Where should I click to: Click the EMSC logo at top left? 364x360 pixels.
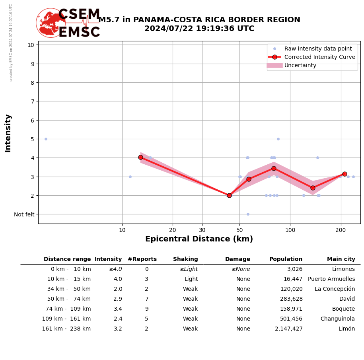coord(68,23)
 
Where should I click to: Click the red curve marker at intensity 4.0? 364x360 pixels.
coord(140,157)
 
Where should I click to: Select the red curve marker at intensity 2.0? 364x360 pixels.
coord(229,195)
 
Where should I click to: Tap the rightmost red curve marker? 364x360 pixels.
coord(345,174)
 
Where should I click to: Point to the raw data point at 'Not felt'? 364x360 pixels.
coord(248,214)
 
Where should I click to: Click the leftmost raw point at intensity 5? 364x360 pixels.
coord(46,139)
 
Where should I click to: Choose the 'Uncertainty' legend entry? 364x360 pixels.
coord(300,65)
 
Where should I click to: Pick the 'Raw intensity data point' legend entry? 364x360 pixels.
coord(318,49)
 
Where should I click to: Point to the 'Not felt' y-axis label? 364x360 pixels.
coord(24,214)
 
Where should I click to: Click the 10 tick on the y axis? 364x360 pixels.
coord(31,45)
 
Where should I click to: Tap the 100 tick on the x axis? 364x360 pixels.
coord(290,230)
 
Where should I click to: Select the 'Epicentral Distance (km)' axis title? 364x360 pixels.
coord(199,239)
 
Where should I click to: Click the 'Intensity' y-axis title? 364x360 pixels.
coord(8,133)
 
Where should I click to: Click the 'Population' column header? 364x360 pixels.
coord(286,259)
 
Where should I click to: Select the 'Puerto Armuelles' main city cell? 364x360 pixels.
coord(331,279)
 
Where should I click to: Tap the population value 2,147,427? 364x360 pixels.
coord(288,329)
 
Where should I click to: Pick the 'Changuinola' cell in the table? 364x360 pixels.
coord(337,319)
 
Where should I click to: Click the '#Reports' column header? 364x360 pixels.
coord(142,259)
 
